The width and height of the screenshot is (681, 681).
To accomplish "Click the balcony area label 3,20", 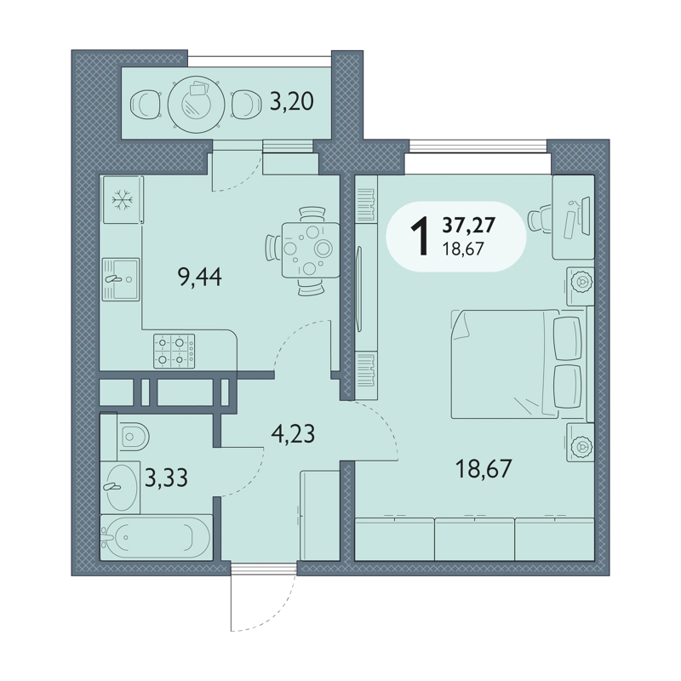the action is [291, 102].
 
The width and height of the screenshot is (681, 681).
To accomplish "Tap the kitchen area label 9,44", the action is [200, 278].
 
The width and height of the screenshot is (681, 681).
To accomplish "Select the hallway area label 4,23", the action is [293, 433].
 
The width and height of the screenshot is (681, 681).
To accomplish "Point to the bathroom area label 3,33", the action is [166, 478].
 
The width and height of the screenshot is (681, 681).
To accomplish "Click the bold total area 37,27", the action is [469, 225].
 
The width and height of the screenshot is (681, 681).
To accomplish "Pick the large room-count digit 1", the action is [420, 237].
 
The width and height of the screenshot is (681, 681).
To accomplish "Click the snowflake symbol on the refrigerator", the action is [123, 200].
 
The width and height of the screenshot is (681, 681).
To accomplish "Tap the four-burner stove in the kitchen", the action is [175, 351].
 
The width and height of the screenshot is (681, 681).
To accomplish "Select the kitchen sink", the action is [121, 279].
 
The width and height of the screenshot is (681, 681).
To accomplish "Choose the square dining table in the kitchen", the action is [311, 249].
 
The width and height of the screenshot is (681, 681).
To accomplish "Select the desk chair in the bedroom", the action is [540, 219].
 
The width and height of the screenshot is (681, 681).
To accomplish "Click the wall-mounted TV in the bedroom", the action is [358, 289].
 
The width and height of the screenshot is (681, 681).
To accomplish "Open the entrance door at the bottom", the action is [263, 597].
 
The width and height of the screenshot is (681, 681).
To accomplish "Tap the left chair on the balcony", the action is [146, 104].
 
